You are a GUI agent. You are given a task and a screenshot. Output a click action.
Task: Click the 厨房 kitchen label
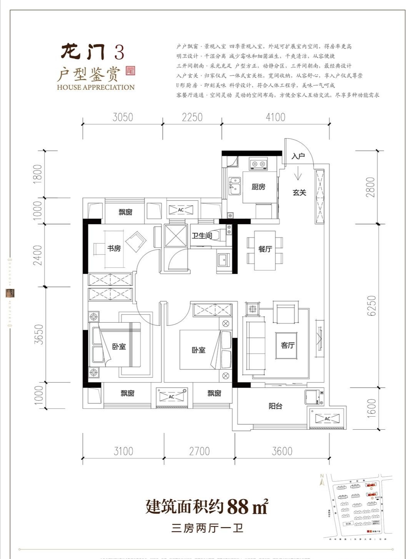tap(258, 187)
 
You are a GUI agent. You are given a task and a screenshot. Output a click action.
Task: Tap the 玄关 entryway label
tap(299, 193)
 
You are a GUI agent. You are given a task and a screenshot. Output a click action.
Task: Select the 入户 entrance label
tap(298, 156)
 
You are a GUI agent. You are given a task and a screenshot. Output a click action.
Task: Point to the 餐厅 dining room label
tap(265, 249)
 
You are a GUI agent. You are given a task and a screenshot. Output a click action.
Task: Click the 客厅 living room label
tap(287, 345)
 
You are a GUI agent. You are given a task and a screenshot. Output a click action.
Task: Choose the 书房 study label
tap(114, 249)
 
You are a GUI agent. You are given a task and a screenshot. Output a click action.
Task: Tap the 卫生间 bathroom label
tap(202, 236)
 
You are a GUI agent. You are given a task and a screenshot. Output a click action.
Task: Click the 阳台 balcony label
tap(275, 406)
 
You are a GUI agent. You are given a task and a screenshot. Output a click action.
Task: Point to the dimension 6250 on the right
tap(371, 306)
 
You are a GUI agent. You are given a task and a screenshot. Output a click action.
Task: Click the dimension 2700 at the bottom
tap(199, 451)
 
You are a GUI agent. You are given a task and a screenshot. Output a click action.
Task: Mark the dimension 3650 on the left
tap(39, 335)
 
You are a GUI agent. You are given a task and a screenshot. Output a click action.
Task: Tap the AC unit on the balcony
tap(327, 419)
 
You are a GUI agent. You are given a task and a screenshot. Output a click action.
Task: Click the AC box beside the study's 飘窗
tap(181, 210)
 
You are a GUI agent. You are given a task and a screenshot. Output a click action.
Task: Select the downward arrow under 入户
tap(298, 176)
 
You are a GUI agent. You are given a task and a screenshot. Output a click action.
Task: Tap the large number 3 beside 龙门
tap(119, 53)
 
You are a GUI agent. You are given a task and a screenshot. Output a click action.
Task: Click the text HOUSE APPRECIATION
tap(96, 87)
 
